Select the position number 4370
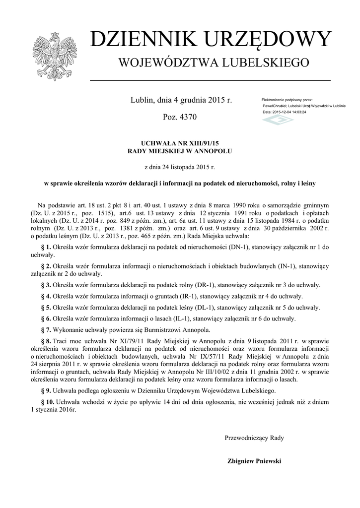[187, 118]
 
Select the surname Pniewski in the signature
[268, 461]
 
